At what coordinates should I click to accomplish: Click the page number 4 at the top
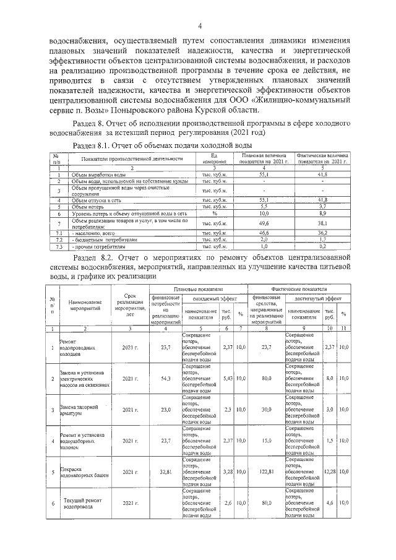pos(200,25)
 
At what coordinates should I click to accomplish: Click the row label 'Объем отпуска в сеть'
pos(96,200)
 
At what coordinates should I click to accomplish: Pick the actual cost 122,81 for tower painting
pos(266,472)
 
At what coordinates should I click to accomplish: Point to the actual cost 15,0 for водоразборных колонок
pos(266,441)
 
